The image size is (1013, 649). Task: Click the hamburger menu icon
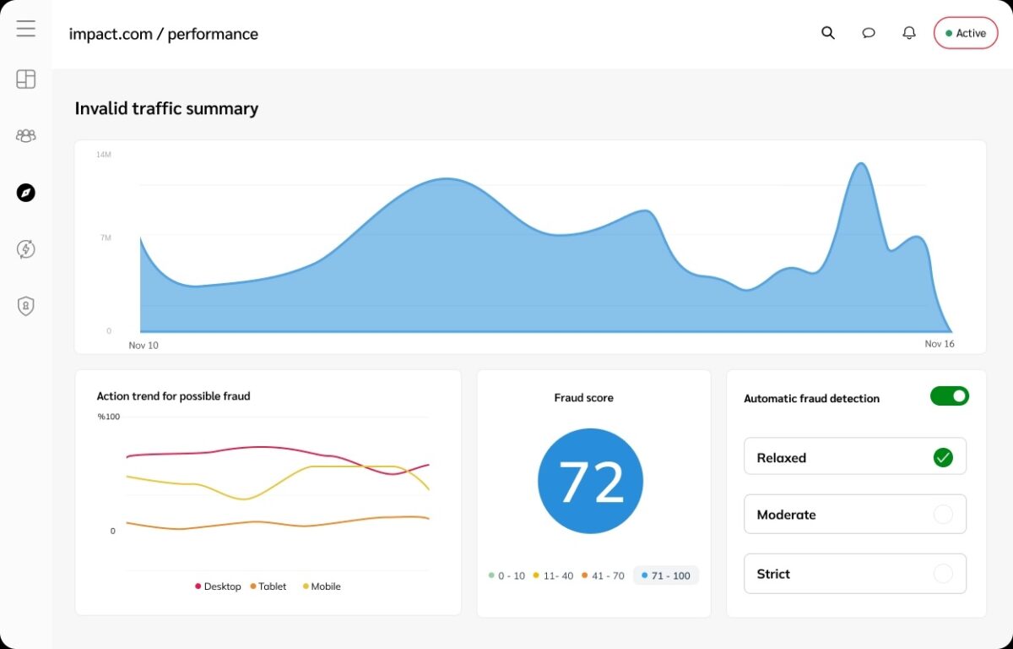tap(26, 28)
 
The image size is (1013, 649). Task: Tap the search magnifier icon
tap(827, 33)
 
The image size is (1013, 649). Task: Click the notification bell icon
tap(909, 33)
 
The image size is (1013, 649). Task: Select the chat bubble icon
tap(869, 33)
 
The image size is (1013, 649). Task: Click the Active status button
tap(966, 33)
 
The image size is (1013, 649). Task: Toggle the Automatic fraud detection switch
tap(949, 396)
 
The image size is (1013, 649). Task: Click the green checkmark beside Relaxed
tap(943, 457)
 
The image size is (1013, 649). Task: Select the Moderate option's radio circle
tap(943, 514)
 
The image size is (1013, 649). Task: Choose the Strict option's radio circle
tap(943, 574)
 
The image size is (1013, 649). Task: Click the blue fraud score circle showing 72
tap(590, 481)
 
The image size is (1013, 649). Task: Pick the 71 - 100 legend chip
tap(666, 575)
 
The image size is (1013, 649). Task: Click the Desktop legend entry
tap(218, 586)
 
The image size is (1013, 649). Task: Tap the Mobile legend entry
tap(322, 586)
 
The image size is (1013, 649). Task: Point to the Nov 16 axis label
tap(940, 343)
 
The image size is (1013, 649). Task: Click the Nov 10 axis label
tap(144, 346)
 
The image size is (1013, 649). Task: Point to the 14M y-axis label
tap(104, 155)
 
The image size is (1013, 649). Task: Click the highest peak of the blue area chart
tap(860, 163)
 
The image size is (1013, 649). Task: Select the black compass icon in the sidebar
tap(26, 193)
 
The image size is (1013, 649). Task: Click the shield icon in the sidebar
tap(26, 306)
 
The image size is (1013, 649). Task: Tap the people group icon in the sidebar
tap(26, 136)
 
